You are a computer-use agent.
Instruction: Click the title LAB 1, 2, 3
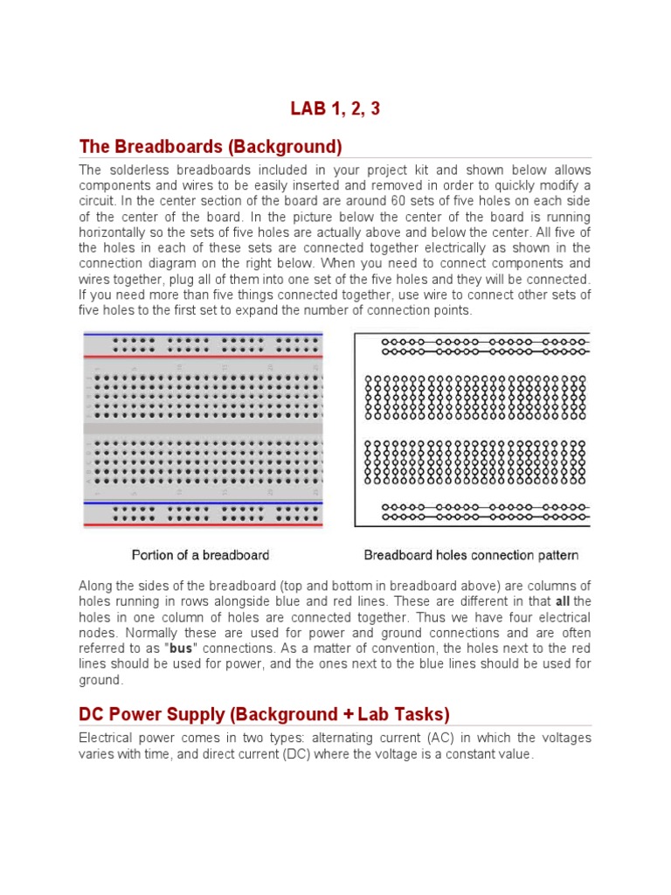coord(335,109)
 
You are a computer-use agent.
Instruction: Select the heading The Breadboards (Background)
coord(211,145)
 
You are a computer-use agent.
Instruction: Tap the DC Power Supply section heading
coord(264,714)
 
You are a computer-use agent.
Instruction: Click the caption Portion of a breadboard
coord(200,555)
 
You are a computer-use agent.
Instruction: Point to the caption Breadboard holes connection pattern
coord(471,555)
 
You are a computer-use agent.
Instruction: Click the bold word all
coord(563,601)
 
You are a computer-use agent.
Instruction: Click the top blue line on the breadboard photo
coord(203,334)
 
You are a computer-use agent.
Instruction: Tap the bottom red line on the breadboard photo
coord(203,524)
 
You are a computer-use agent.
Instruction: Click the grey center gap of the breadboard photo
coord(203,428)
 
